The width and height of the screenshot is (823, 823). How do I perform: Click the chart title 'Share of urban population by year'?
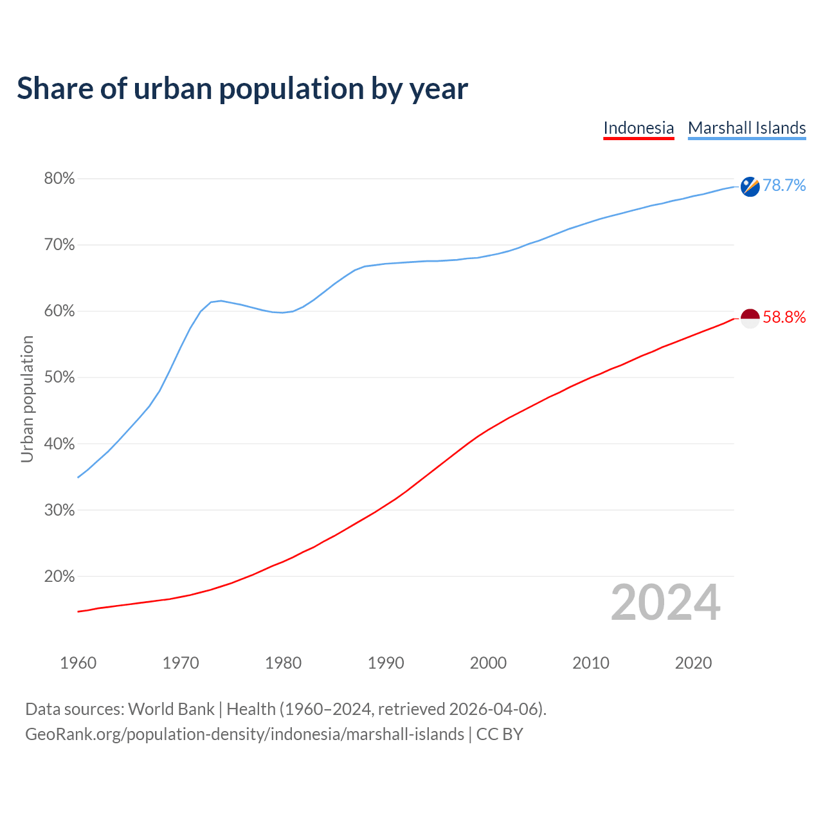pos(242,89)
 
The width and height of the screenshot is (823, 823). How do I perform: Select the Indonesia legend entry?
pos(638,128)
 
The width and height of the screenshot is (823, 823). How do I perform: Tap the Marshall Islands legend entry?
pos(746,128)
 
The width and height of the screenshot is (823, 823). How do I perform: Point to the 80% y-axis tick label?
pos(59,179)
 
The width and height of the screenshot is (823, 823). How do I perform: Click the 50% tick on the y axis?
pos(59,377)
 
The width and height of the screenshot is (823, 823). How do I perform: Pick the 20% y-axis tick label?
pos(59,577)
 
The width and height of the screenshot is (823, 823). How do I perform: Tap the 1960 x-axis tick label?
pos(78,663)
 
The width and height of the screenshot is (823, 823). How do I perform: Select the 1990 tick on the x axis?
pos(386,663)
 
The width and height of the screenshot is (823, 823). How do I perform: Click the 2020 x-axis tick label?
pos(693,663)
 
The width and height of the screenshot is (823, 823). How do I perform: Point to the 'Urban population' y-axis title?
pos(27,399)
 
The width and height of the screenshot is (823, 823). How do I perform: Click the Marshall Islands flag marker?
pos(750,186)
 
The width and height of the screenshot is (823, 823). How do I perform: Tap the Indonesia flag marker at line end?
pos(750,318)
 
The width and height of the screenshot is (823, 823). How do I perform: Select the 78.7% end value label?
pos(784,186)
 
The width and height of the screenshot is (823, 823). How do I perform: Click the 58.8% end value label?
pos(784,317)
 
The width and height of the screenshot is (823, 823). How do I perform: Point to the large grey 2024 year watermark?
pos(665,603)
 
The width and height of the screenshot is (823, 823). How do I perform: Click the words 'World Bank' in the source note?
pos(171,709)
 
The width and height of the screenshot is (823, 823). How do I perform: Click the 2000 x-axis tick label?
pos(488,663)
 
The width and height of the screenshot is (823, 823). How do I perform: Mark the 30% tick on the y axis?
pos(59,511)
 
